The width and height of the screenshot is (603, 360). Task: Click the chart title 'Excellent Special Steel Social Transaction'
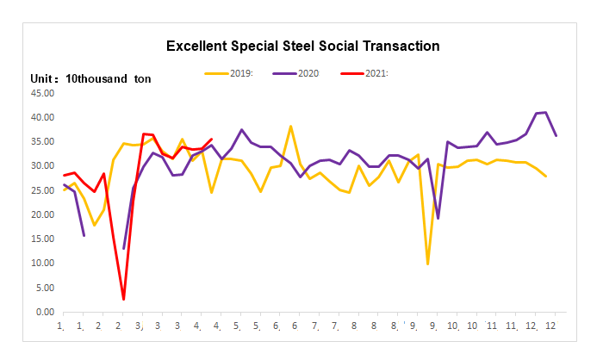point(302,46)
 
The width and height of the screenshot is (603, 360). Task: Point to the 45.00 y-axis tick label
point(43,93)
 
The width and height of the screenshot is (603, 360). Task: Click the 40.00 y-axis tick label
point(43,117)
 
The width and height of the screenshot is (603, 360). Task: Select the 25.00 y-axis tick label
point(43,190)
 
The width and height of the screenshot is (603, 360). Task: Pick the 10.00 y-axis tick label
point(43,264)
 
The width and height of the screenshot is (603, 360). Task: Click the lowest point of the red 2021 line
point(124,299)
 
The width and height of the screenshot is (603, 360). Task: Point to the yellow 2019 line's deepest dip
point(428,264)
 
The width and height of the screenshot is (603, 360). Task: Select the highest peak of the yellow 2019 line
point(291,127)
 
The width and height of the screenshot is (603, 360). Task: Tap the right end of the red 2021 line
point(212,139)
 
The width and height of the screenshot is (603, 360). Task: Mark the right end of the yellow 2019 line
point(546,176)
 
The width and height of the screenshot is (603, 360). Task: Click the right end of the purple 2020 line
point(556,135)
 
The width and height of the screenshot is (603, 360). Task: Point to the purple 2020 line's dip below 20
point(438,218)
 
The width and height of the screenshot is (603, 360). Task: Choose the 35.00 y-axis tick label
point(43,141)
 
